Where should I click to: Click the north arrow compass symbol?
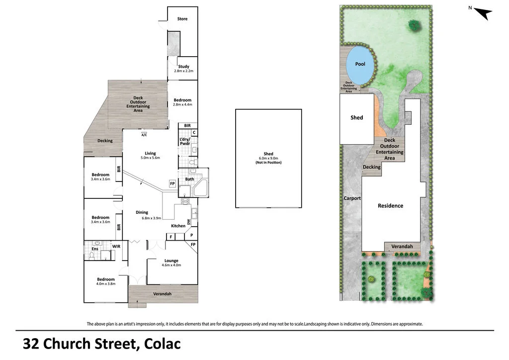tap(483, 13)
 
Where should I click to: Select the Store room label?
tap(182, 19)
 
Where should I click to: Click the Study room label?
tap(183, 66)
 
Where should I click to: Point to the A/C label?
tap(144, 135)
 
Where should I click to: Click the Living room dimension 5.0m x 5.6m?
tap(150, 159)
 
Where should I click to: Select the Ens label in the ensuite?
tap(95, 249)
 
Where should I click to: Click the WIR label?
tap(116, 246)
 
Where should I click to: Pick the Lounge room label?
tap(171, 261)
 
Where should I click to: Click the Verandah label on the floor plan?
tap(162, 294)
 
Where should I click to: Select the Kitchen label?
tap(178, 226)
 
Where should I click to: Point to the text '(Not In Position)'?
tap(268, 163)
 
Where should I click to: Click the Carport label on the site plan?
tap(352, 198)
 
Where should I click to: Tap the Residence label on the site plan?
tap(390, 205)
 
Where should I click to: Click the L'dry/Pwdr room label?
tap(185, 141)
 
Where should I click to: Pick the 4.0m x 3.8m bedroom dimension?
tap(105, 284)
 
